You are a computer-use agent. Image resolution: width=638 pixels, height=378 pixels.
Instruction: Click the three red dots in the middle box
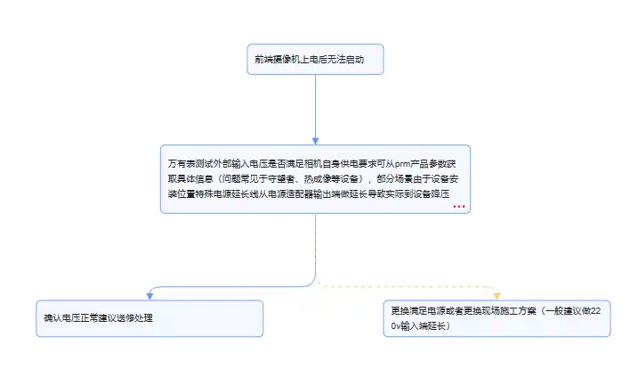click(459, 206)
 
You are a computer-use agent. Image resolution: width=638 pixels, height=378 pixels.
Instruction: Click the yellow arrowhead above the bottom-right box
click(497, 296)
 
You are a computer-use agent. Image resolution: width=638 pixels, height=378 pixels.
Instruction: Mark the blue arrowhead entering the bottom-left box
click(150, 296)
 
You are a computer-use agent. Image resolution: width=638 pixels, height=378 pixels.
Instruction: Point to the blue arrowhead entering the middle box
click(315, 141)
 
